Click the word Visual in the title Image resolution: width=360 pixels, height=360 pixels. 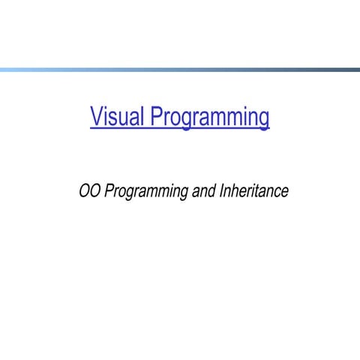(x=118, y=118)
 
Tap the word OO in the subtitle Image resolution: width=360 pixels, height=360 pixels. (x=90, y=191)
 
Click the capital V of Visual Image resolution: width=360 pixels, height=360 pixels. (x=96, y=117)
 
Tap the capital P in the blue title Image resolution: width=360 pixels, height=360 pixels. (x=157, y=117)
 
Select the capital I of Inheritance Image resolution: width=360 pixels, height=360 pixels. (x=222, y=191)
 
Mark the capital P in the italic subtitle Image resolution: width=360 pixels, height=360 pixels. (x=109, y=191)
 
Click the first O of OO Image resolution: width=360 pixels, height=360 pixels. (x=85, y=191)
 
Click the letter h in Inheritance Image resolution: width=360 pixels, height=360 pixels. (x=235, y=191)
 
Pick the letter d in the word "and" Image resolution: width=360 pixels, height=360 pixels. (x=212, y=191)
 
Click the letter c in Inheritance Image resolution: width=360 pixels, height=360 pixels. (x=277, y=193)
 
